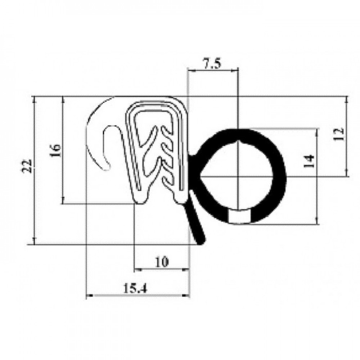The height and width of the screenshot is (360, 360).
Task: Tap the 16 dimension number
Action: pyautogui.click(x=55, y=150)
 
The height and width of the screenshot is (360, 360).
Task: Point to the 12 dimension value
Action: pyautogui.click(x=339, y=134)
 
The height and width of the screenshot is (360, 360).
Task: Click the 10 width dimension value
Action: pyautogui.click(x=162, y=262)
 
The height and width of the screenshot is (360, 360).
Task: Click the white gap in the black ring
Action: pyautogui.click(x=239, y=216)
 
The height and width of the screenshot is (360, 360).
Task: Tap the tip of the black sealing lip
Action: pyautogui.click(x=202, y=242)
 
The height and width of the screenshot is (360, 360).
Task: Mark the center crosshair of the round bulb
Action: pyautogui.click(x=238, y=176)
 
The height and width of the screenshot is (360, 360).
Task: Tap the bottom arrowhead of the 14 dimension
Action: pyautogui.click(x=317, y=221)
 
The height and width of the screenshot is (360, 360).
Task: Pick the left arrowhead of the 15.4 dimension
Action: pyautogui.click(x=89, y=296)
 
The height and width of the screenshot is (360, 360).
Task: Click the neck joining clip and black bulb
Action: pyautogui.click(x=192, y=158)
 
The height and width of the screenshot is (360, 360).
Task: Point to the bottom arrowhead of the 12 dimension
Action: pyautogui.click(x=346, y=174)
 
